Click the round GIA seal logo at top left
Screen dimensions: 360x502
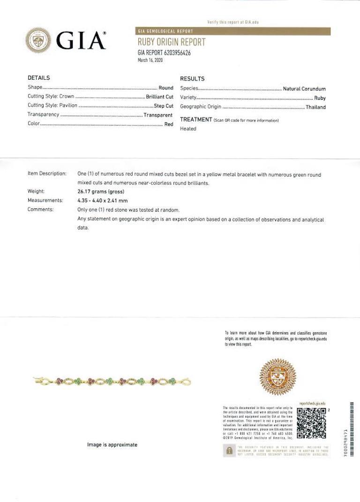coord(38,40)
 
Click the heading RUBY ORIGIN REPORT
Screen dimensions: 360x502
coord(171,43)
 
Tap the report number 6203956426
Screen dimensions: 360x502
coord(174,53)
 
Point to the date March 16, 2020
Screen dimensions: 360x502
coord(150,60)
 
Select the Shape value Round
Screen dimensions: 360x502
coord(166,88)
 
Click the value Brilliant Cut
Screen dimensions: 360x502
coord(160,96)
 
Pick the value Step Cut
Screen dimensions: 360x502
coord(164,106)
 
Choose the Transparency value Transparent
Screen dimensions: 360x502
coord(158,115)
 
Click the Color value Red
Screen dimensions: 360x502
coord(169,125)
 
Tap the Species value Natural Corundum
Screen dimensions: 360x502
coord(304,89)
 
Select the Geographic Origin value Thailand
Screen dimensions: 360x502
coord(315,107)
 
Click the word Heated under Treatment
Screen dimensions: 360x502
coord(188,129)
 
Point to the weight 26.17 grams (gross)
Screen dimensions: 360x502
coord(102,192)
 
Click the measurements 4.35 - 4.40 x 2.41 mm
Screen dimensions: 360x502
coord(102,200)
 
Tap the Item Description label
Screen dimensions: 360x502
coord(47,174)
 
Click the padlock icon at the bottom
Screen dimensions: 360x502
coord(229,451)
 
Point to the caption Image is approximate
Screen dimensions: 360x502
coord(112,445)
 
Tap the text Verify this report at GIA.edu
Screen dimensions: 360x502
coord(233,22)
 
